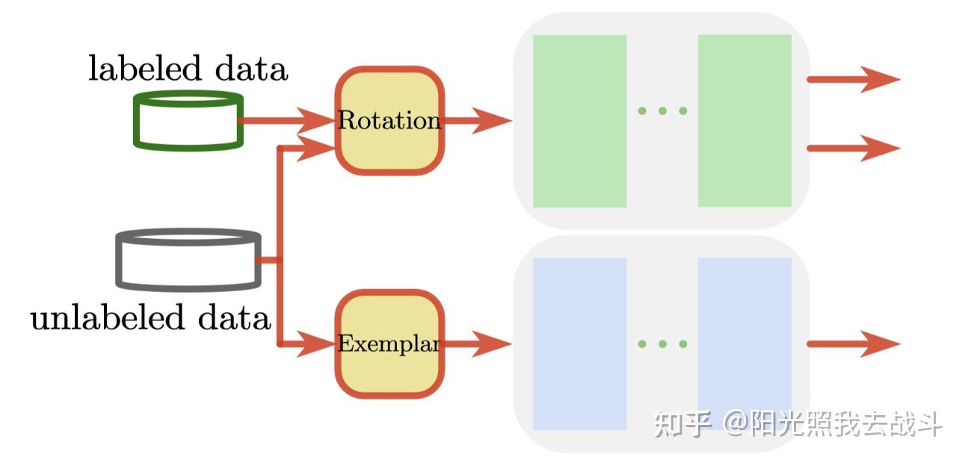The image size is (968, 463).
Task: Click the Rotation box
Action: (x=389, y=121)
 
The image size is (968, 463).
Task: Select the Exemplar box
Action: (x=389, y=344)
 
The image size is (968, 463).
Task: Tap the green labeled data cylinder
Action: (x=188, y=120)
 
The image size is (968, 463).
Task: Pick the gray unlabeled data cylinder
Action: (x=188, y=259)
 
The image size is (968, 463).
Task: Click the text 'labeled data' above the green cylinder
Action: (x=188, y=69)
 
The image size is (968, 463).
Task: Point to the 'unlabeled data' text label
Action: (x=150, y=318)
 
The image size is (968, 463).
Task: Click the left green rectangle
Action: (x=579, y=121)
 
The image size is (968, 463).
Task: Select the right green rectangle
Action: (x=745, y=121)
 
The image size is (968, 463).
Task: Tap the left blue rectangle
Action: (x=579, y=344)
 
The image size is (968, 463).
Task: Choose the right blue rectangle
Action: (x=745, y=344)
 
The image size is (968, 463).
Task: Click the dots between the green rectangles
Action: (x=662, y=111)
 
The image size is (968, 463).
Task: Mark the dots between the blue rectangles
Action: (x=662, y=344)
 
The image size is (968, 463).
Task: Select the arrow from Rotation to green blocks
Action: (x=478, y=120)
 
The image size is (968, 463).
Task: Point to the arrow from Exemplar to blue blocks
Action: (x=478, y=344)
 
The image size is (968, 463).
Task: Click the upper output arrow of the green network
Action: (x=854, y=79)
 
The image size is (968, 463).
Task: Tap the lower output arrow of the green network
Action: (x=854, y=148)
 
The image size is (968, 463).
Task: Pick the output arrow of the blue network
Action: (x=854, y=344)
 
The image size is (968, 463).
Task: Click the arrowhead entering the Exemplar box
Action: (x=317, y=344)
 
